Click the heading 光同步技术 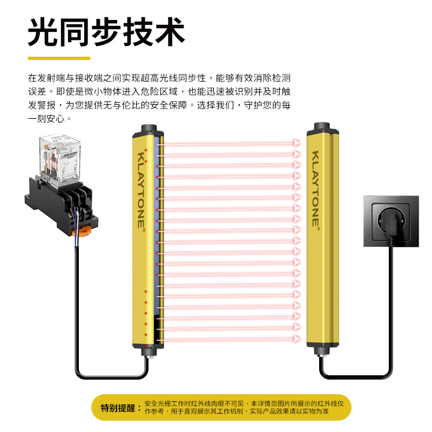pos(106,32)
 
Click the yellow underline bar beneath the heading pos(59,58)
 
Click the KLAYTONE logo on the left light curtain pos(141,189)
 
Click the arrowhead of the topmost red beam pos(296,143)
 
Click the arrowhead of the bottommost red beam pos(296,339)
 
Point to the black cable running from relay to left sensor pos(76,324)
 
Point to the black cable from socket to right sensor pos(390,324)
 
